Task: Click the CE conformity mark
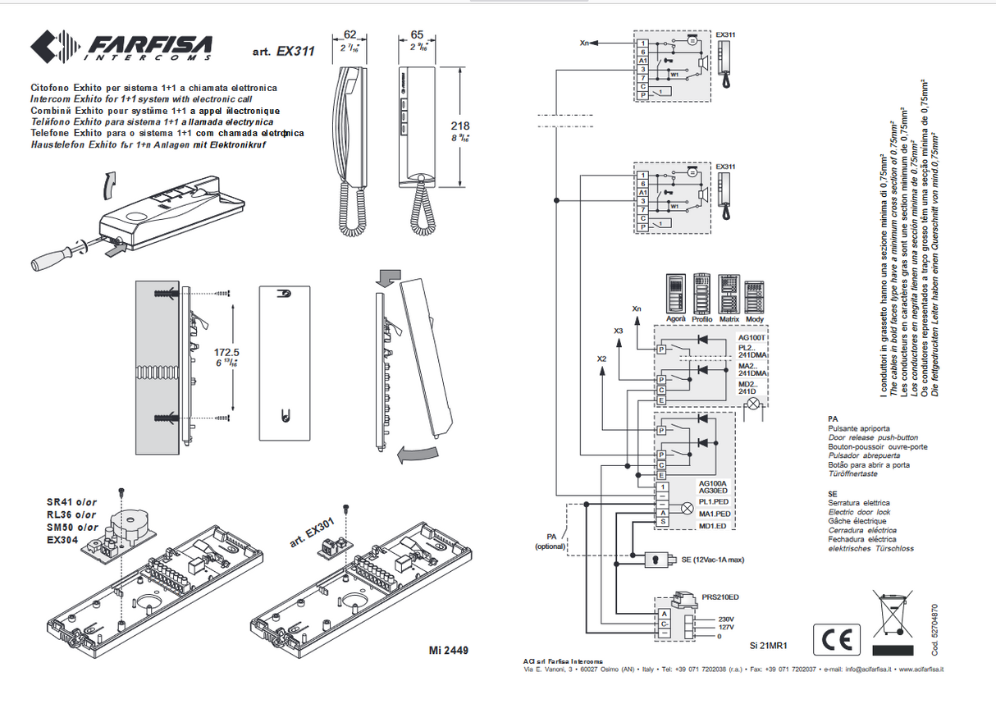click(x=837, y=638)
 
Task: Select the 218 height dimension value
click(x=461, y=126)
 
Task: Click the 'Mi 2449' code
click(x=448, y=651)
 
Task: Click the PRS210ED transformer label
click(x=720, y=597)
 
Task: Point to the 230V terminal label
click(x=724, y=619)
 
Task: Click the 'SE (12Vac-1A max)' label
click(x=712, y=559)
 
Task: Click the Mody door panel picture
click(x=755, y=294)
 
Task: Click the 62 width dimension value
click(x=350, y=34)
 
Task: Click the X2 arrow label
click(x=602, y=359)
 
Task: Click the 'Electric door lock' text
click(x=860, y=512)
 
